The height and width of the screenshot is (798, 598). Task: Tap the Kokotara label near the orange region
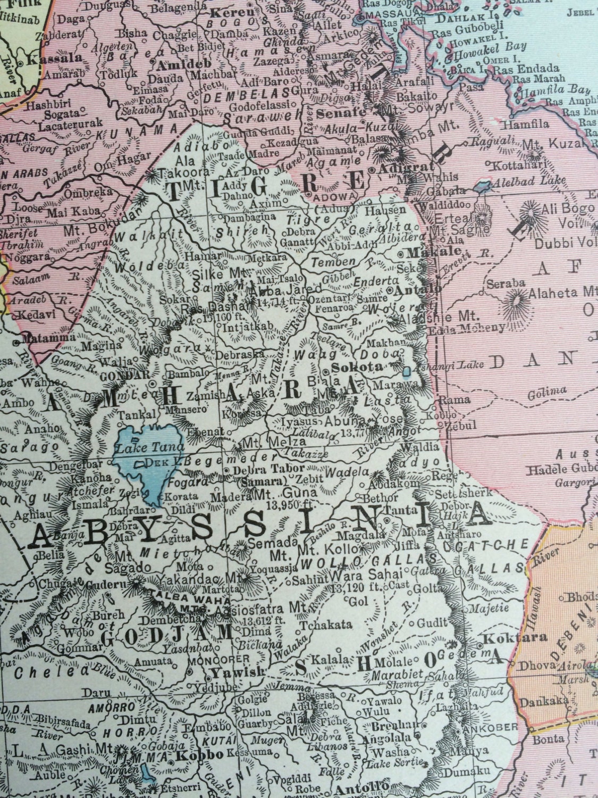pos(506,637)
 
